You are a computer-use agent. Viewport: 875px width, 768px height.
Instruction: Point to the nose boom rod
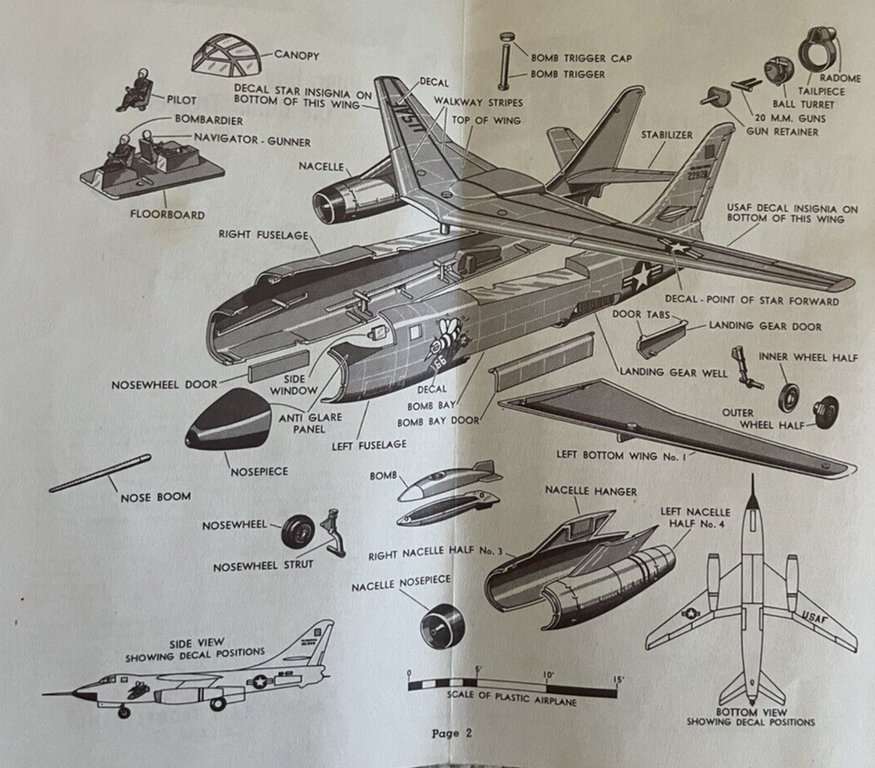[x=100, y=474]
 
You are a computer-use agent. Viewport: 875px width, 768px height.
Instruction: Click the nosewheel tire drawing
[x=297, y=531]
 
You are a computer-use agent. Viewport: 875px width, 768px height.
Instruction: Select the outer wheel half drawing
[x=827, y=411]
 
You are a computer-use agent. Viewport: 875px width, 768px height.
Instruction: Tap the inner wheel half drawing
[x=788, y=397]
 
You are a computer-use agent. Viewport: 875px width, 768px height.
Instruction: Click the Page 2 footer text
[x=453, y=732]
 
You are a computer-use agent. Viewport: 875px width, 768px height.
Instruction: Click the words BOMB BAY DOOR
[x=438, y=421]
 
